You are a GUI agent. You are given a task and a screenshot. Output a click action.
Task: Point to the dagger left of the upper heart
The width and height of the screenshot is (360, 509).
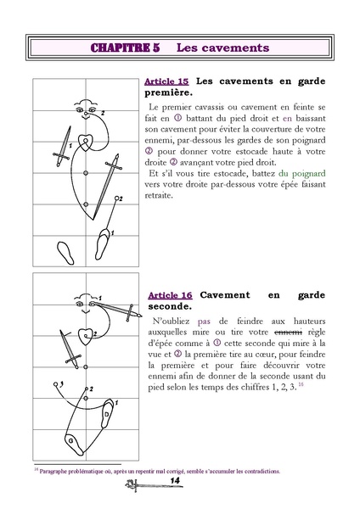59,149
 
